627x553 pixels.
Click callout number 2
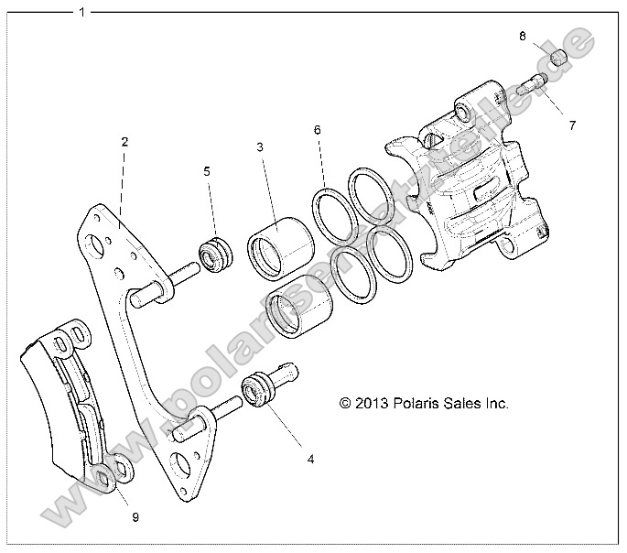click(x=124, y=142)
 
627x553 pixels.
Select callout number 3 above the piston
click(x=260, y=147)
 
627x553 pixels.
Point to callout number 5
click(x=207, y=171)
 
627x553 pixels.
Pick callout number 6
click(x=317, y=130)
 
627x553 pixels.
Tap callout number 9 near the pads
click(x=135, y=517)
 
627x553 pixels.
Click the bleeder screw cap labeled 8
click(x=559, y=58)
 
